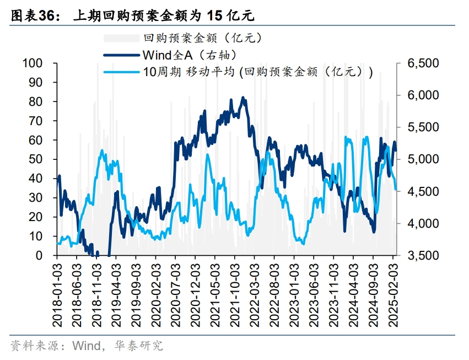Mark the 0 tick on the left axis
tap(39, 255)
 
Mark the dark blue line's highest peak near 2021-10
tap(243, 98)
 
